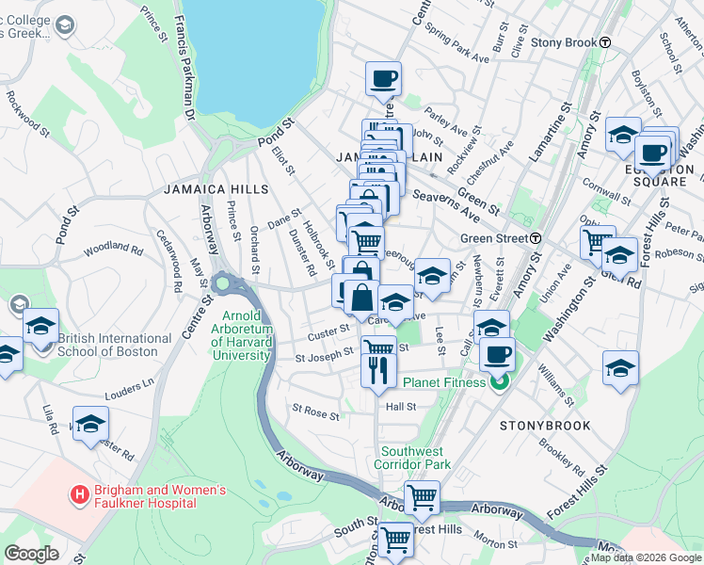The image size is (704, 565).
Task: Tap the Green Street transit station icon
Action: click(535, 238)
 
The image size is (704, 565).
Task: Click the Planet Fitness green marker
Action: click(500, 382)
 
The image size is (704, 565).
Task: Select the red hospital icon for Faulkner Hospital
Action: click(80, 492)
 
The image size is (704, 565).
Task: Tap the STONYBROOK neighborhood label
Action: click(545, 426)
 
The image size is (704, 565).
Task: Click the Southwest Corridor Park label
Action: click(413, 457)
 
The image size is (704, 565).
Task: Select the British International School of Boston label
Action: click(114, 345)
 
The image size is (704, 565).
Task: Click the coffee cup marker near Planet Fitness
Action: click(497, 356)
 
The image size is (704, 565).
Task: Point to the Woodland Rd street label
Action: click(113, 250)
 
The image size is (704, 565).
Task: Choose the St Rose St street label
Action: click(314, 412)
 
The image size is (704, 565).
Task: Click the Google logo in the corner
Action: click(32, 554)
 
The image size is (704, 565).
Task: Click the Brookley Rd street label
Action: click(562, 457)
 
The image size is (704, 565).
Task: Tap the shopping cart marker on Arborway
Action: click(422, 496)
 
